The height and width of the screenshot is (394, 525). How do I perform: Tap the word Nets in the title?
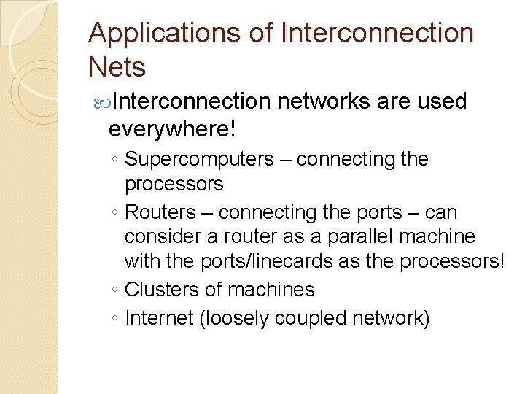(117, 67)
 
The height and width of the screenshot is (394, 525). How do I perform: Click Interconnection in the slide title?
(377, 34)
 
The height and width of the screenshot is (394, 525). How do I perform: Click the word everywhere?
(171, 129)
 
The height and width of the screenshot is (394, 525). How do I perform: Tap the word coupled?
(318, 318)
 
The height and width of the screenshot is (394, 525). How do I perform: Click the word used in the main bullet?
(442, 101)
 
